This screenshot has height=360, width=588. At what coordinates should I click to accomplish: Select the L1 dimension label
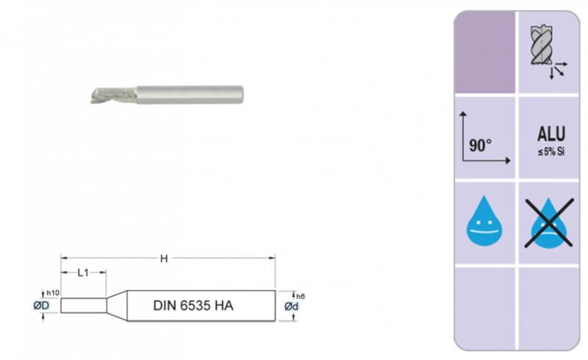coord(84,273)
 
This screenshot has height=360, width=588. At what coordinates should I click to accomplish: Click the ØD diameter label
coord(41,305)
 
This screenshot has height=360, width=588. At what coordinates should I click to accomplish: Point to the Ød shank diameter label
coord(292,306)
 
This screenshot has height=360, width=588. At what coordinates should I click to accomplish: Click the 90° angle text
coord(481,145)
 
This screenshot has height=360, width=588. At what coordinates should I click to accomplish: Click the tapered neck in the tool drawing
coord(117,304)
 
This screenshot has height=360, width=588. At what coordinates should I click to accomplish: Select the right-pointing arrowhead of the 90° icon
coord(508,160)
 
